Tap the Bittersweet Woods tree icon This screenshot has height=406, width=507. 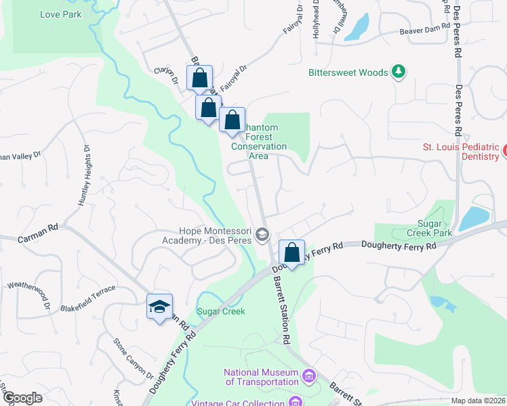pyautogui.click(x=399, y=72)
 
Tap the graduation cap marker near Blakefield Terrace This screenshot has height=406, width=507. pyautogui.click(x=160, y=307)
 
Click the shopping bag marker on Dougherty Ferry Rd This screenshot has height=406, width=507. pyautogui.click(x=291, y=253)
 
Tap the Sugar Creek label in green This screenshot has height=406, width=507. pyautogui.click(x=220, y=311)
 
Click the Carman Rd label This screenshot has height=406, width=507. pyautogui.click(x=38, y=239)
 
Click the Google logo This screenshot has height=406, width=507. pyautogui.click(x=22, y=398)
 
